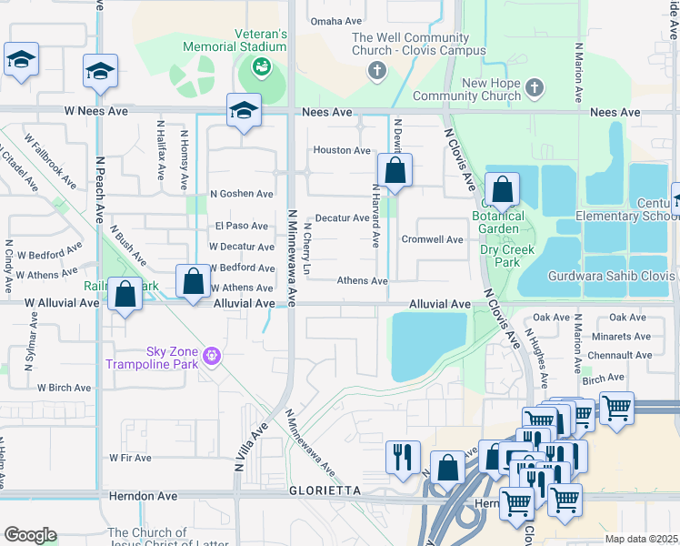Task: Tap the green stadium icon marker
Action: [261, 66]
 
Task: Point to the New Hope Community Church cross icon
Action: [535, 88]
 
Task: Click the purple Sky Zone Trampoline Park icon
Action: [212, 355]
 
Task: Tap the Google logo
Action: [30, 535]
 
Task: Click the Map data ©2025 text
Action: [640, 539]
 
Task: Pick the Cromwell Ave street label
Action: [433, 239]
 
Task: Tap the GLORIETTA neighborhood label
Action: [325, 490]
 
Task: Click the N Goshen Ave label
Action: [241, 194]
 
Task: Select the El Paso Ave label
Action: [241, 226]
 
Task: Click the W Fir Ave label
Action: [130, 458]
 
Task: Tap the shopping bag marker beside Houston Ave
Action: [395, 170]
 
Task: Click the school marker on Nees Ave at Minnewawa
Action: [244, 110]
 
